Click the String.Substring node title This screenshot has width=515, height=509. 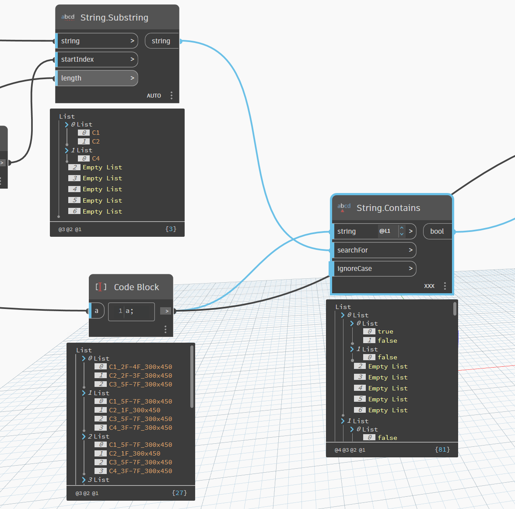tap(114, 18)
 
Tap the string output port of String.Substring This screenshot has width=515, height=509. tap(161, 41)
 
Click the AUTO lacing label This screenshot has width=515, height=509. tap(154, 96)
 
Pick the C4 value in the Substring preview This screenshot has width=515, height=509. tap(96, 158)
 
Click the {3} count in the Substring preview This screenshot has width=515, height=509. tap(171, 229)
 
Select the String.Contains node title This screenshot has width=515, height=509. tap(388, 208)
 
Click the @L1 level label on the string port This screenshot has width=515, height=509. tap(385, 231)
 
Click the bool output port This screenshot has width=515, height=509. tap(437, 232)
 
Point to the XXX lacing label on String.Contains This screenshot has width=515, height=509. tap(429, 286)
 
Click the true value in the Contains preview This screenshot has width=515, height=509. tap(385, 332)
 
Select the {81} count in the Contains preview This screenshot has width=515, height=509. tap(442, 449)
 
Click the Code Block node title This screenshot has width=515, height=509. tap(137, 287)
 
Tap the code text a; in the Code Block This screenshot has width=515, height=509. tap(130, 311)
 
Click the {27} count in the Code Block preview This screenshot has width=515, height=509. tap(179, 493)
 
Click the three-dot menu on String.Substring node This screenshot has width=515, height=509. tap(172, 95)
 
